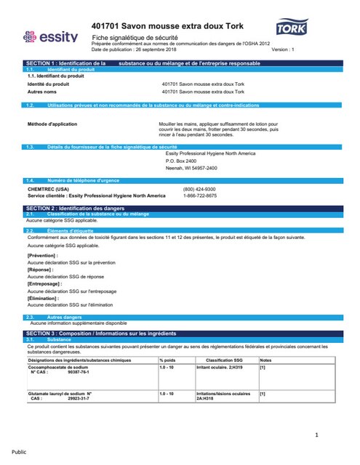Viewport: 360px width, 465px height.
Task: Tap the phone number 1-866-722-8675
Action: pyautogui.click(x=199, y=195)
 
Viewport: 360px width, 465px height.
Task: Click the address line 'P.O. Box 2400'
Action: pyautogui.click(x=182, y=161)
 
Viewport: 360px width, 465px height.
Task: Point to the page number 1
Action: pyautogui.click(x=318, y=435)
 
